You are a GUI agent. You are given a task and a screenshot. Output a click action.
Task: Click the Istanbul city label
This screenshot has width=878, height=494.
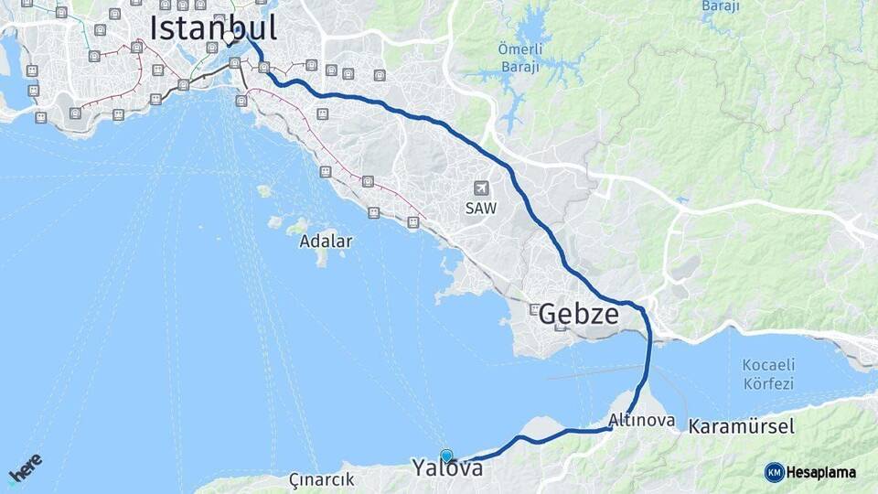213,27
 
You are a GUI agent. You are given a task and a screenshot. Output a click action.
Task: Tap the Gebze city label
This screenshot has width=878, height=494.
578,315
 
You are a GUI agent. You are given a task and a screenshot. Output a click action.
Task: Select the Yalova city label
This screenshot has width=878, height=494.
446,468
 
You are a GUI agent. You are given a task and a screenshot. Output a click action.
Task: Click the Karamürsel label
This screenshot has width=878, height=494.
742,426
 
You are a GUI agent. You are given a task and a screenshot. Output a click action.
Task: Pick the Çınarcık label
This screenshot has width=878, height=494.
321,479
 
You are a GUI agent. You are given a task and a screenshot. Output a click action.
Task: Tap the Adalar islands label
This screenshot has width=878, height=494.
325,242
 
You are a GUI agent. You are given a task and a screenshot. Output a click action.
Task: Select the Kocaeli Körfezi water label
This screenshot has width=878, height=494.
767,374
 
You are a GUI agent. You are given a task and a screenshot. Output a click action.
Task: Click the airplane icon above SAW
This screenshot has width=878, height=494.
480,188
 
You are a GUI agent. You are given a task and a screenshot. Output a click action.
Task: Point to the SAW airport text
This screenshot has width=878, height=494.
480,208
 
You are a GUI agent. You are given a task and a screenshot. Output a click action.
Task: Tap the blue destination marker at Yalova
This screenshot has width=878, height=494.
446,456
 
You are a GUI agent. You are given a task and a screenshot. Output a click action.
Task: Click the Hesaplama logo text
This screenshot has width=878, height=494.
821,472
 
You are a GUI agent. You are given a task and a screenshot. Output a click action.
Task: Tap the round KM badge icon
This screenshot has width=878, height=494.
775,472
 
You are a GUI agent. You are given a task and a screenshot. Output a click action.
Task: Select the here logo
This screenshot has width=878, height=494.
25,468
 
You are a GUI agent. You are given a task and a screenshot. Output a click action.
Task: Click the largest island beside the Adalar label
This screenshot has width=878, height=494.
298,226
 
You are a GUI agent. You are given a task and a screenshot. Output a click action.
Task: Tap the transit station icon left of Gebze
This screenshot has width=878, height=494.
534,309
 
